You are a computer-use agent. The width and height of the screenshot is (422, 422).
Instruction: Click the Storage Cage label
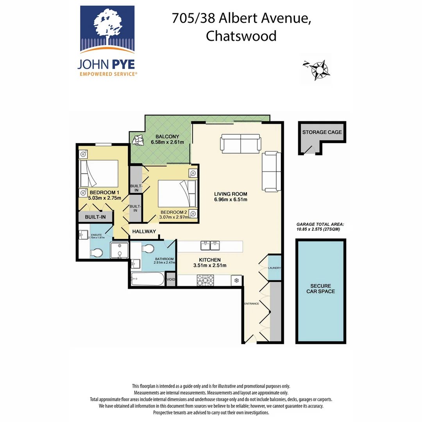[322, 132]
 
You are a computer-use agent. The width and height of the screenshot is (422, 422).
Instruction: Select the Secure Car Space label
[320, 288]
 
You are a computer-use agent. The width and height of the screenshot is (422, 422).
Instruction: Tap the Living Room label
[231, 194]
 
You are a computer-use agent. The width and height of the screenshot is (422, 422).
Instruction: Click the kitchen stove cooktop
[206, 280]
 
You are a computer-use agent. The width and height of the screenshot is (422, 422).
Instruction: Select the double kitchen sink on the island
[211, 246]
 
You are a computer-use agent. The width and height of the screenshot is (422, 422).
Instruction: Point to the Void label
[171, 280]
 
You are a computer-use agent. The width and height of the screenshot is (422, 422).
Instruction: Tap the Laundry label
[275, 268]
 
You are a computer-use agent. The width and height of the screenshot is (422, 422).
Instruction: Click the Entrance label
[252, 304]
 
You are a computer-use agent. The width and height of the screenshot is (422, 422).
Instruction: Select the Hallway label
[144, 231]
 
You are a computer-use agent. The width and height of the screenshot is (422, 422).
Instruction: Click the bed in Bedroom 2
[176, 193]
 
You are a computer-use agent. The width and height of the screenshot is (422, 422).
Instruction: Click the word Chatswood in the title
[241, 36]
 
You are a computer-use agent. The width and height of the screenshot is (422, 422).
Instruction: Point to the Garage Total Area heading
[320, 224]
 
